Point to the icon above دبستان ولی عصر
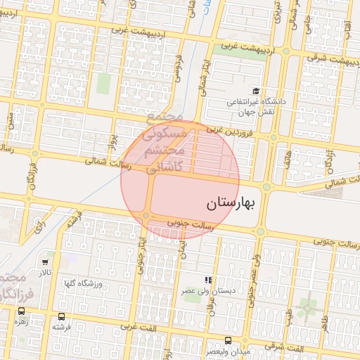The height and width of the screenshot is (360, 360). click(x=207, y=280)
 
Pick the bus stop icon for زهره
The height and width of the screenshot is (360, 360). click(x=21, y=310)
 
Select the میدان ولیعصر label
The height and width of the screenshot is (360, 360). click(x=226, y=349)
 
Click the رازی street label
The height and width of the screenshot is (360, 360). click(x=39, y=225)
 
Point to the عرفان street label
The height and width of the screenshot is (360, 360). click(x=210, y=302)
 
